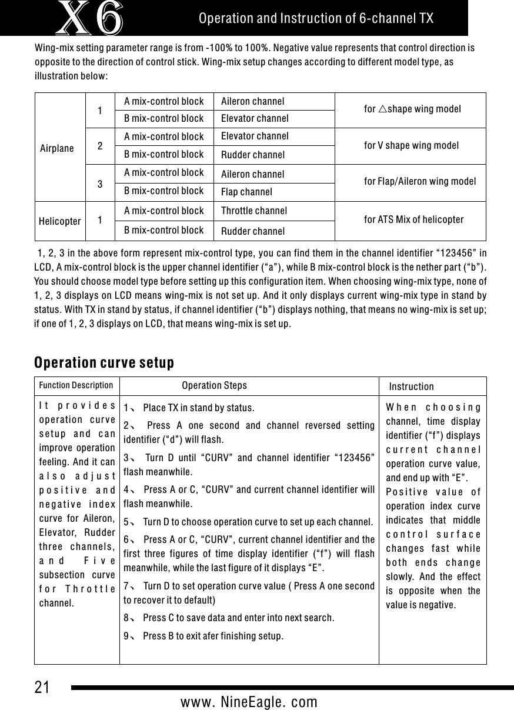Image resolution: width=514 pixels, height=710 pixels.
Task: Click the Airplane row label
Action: [x=57, y=148]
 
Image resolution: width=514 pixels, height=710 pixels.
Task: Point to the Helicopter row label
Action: [x=60, y=221]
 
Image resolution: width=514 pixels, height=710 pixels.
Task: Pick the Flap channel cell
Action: [x=246, y=192]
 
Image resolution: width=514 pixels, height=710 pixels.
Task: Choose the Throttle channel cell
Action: [x=254, y=211]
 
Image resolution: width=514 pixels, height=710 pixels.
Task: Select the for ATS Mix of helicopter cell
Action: [x=414, y=220]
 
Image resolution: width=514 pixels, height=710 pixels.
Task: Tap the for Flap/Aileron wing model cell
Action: [x=420, y=181]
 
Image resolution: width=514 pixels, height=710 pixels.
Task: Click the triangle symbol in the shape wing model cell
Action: [x=381, y=109]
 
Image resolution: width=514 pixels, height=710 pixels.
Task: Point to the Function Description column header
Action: [x=76, y=386]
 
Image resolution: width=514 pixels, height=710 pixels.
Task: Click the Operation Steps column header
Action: [x=214, y=386]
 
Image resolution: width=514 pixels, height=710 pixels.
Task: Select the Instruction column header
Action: [x=412, y=386]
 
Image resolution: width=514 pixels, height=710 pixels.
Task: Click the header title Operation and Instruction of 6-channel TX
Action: [x=316, y=18]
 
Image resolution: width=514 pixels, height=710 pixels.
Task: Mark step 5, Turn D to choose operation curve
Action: [x=248, y=521]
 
